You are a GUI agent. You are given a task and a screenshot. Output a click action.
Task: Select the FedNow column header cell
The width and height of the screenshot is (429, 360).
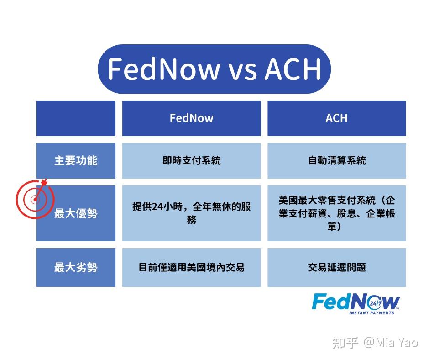coord(191,118)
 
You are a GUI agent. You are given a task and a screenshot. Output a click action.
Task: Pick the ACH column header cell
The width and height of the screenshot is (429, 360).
coord(336,118)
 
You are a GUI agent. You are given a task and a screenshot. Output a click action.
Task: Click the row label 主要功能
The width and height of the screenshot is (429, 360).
coord(76,161)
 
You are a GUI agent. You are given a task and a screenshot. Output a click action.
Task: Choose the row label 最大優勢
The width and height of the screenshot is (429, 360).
coord(76,213)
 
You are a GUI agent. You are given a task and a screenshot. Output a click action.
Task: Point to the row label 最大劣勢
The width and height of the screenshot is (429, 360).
coord(76,268)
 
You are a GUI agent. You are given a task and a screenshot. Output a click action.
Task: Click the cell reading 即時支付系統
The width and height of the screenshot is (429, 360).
coord(191,161)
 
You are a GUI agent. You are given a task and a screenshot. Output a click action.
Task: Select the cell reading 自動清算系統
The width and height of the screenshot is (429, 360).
coord(336,161)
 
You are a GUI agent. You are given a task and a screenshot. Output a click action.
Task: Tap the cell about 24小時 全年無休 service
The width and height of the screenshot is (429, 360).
coord(191,213)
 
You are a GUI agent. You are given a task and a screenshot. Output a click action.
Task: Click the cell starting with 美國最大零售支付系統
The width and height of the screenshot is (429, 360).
coord(336,213)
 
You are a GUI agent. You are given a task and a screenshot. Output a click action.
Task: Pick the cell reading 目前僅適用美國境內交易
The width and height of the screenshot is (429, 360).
coord(191,268)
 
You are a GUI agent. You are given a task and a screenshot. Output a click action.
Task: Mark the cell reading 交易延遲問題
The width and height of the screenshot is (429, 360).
coord(336,268)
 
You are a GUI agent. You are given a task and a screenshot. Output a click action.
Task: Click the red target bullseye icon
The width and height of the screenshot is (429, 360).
coord(35,198)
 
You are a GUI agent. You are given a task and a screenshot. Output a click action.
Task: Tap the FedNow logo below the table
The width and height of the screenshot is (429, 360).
coord(356,302)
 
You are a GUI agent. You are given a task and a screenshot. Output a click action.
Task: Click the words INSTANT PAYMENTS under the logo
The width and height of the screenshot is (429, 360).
coord(371,313)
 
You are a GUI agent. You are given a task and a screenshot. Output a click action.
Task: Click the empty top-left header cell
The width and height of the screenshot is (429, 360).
coord(76,118)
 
